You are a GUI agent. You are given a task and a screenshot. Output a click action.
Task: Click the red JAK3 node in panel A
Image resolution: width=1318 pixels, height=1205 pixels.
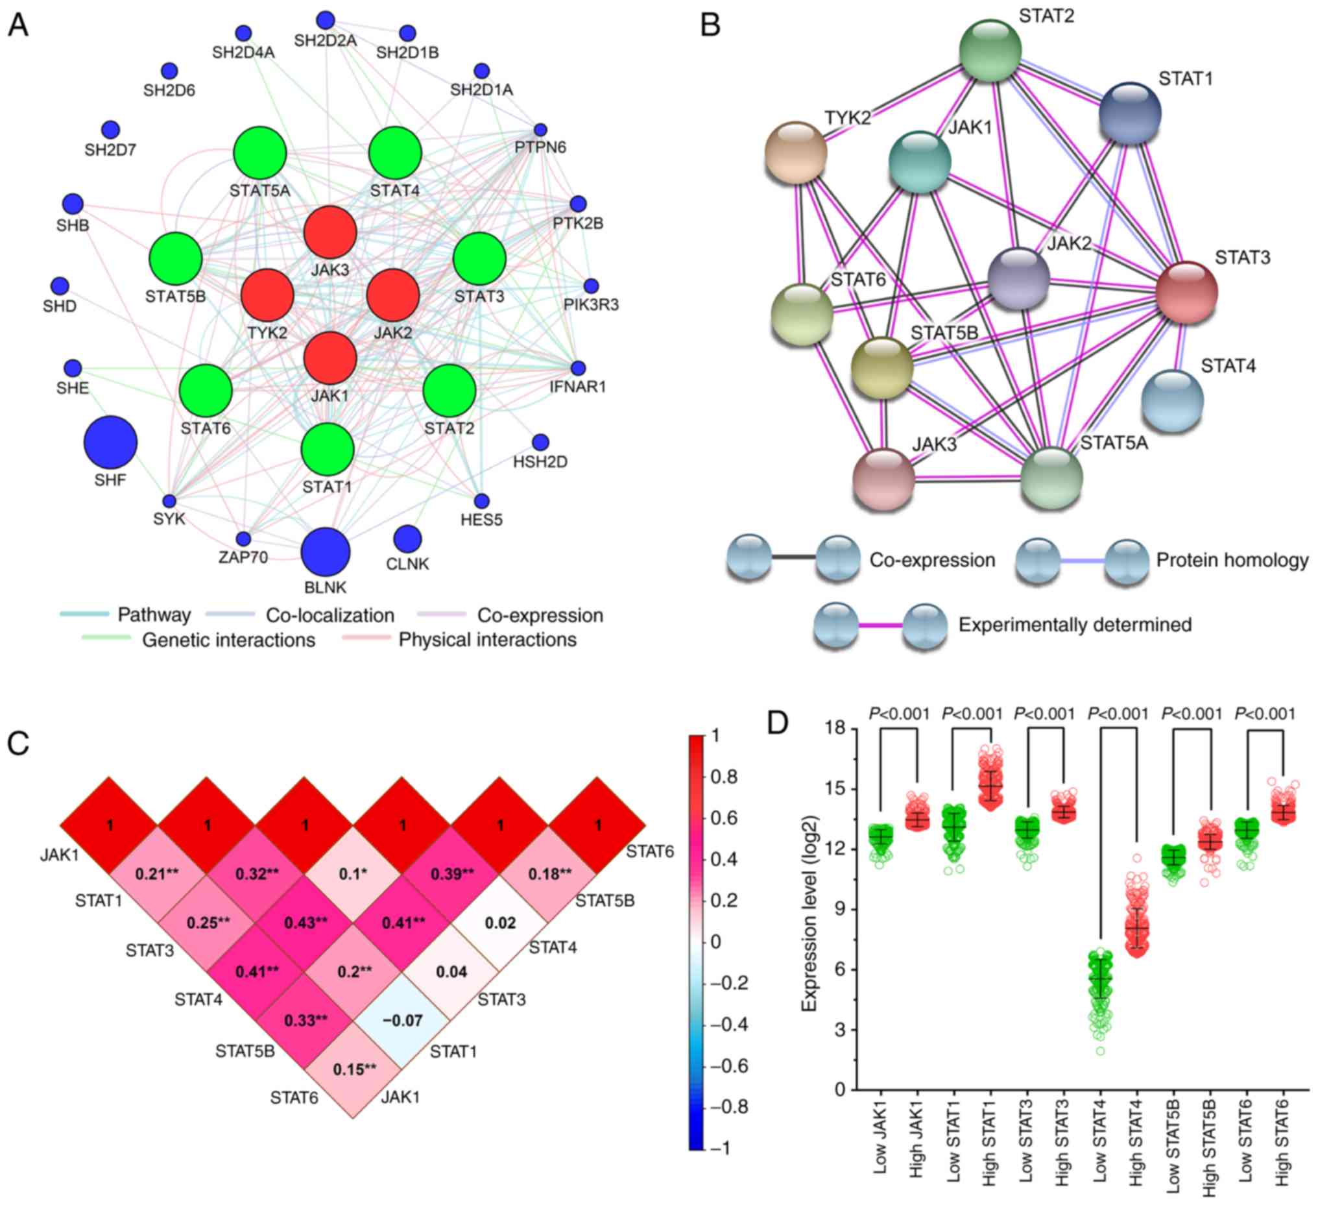pos(330,232)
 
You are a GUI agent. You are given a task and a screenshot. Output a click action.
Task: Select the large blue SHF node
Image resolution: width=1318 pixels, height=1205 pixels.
pos(110,443)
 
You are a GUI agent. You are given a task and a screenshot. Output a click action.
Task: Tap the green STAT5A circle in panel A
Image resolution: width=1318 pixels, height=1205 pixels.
pos(259,153)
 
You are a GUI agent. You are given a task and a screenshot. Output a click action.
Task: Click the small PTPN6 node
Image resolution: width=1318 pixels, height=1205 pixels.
pos(540,130)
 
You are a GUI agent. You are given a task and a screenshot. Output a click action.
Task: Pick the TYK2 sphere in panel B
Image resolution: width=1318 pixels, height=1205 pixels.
pos(796,152)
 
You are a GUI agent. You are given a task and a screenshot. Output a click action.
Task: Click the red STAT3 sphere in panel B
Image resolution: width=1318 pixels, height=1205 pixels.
pos(1186,292)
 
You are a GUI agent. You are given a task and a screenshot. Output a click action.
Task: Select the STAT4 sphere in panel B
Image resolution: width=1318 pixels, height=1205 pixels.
pos(1172,400)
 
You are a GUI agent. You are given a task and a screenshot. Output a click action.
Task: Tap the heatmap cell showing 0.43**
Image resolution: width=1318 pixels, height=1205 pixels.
pos(306,923)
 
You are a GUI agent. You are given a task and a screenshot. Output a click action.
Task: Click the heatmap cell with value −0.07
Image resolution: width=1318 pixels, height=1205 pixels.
pos(402,1020)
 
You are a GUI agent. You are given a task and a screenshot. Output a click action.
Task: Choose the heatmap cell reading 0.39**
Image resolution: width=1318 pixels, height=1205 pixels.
pos(451,874)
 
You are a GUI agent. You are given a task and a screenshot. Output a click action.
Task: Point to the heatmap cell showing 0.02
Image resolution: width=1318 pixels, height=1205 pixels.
pos(500,923)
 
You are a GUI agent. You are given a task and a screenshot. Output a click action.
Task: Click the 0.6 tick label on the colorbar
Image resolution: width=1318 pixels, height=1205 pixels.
pos(724,818)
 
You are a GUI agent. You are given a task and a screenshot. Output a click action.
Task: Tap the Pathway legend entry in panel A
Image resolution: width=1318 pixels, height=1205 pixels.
pos(154,615)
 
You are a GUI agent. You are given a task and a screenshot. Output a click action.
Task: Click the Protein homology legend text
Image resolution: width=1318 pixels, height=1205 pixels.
pos(1232,560)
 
